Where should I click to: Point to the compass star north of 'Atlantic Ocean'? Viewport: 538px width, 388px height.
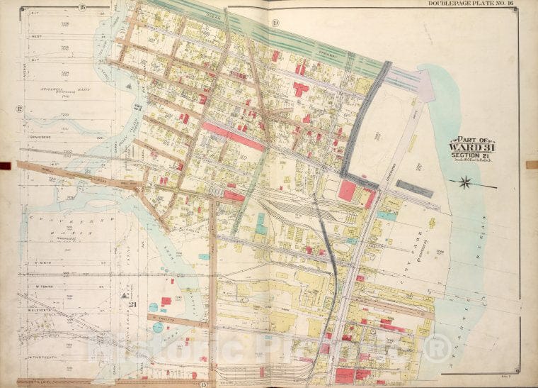(467, 183)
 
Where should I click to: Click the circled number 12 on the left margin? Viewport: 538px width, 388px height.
(18, 109)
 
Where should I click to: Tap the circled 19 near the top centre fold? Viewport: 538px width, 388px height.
(274, 26)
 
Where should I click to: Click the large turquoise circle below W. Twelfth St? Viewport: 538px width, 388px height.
(157, 327)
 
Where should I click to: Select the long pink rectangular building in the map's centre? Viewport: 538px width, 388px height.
(233, 135)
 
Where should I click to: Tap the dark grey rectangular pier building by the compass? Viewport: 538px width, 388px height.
(415, 188)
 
